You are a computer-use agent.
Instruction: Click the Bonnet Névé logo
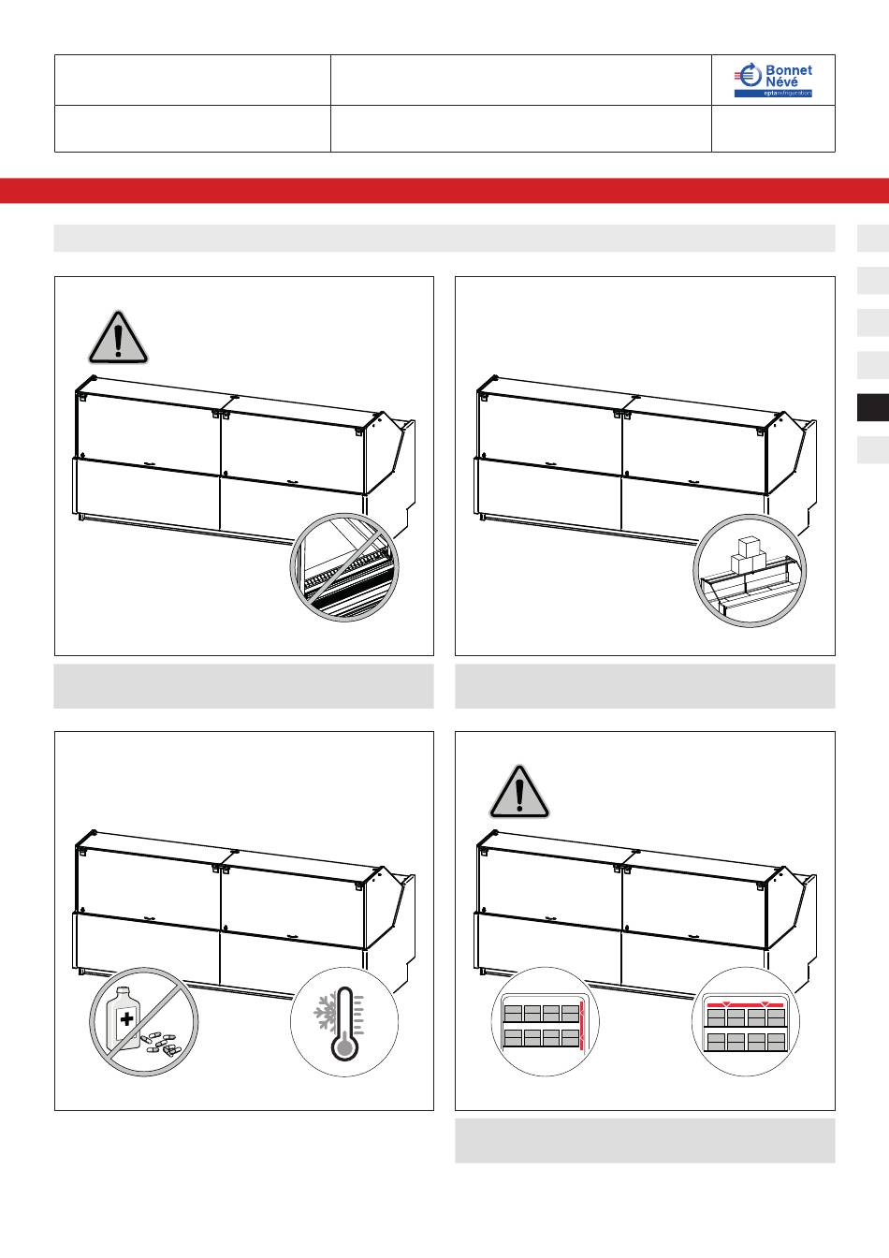click(x=773, y=80)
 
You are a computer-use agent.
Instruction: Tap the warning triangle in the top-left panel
click(x=118, y=338)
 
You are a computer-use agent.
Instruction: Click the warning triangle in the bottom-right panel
click(x=519, y=792)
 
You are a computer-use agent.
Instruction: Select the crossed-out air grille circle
click(x=344, y=567)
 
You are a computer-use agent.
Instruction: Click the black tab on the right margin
click(x=873, y=408)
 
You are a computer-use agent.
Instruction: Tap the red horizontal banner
click(x=444, y=190)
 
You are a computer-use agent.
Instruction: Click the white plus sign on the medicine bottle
click(x=127, y=1018)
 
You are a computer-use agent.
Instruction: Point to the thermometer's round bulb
click(x=343, y=1048)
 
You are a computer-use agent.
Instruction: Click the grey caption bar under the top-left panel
click(x=243, y=686)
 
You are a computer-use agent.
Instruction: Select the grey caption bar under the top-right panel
click(x=645, y=686)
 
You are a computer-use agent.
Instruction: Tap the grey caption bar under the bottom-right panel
click(x=645, y=1141)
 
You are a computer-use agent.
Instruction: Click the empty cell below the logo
click(x=773, y=128)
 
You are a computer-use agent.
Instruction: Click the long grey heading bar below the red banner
click(x=444, y=238)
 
